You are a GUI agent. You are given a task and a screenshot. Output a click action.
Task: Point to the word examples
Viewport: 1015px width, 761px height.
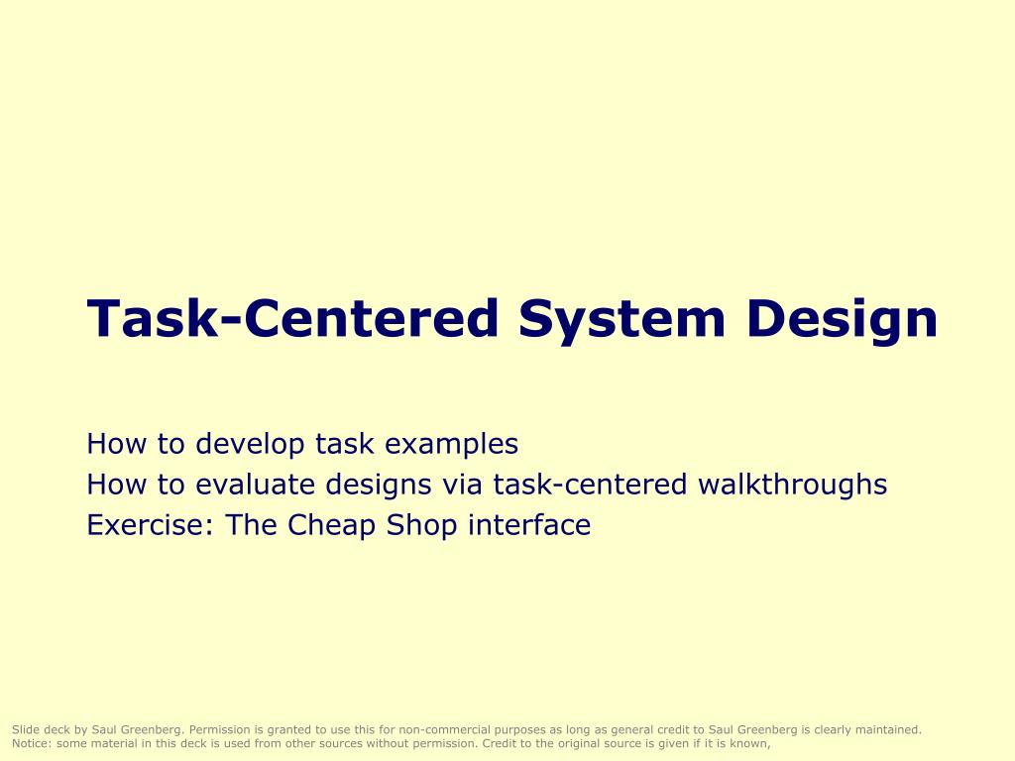pos(451,444)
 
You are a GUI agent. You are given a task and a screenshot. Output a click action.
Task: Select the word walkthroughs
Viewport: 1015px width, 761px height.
pos(792,485)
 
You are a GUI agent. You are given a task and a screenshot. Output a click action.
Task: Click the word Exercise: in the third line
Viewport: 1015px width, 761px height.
pos(152,525)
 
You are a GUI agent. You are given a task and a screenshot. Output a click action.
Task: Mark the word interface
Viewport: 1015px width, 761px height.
pos(529,525)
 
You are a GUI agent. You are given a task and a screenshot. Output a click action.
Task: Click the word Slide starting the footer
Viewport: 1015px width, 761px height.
pos(25,729)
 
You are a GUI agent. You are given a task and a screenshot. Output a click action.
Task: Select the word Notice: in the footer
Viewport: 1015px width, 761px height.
pos(32,742)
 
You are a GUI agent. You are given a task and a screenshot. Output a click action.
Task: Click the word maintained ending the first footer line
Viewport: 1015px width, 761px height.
pos(889,729)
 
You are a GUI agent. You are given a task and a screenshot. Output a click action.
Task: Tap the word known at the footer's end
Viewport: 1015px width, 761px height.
pos(749,742)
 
